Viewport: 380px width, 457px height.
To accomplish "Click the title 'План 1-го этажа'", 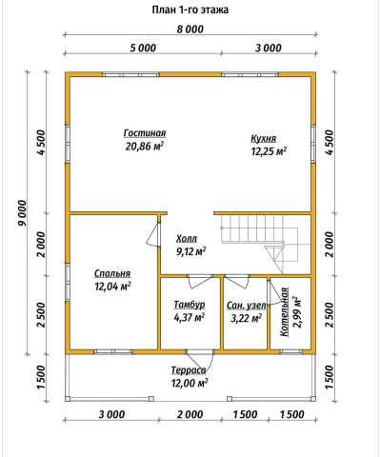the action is point(190,10).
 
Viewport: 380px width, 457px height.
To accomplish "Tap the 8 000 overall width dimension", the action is point(190,30).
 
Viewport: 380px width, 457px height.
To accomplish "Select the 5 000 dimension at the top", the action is point(143,48).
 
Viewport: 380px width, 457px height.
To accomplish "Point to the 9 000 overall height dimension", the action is point(22,212).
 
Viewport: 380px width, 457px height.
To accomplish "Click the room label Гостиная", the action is point(145,133).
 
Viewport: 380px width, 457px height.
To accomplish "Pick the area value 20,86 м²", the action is point(145,147).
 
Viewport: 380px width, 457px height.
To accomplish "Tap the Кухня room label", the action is point(264,139).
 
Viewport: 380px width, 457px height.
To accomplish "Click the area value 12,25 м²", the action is point(269,151).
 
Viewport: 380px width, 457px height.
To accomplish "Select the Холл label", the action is point(187,239).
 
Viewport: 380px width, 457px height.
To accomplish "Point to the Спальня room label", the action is point(112,273).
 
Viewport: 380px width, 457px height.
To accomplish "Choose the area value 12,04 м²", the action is point(112,287).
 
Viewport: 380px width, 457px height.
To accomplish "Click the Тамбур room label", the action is point(190,305).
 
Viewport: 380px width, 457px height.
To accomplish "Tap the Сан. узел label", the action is point(247,306).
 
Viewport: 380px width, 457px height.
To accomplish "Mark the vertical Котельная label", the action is point(285,311).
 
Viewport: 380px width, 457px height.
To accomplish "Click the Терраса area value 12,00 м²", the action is point(190,383).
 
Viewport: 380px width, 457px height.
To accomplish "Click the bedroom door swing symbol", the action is point(153,234).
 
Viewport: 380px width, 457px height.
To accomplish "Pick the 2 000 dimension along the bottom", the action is point(190,414).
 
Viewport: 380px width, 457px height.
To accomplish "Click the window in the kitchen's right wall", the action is point(313,145).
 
